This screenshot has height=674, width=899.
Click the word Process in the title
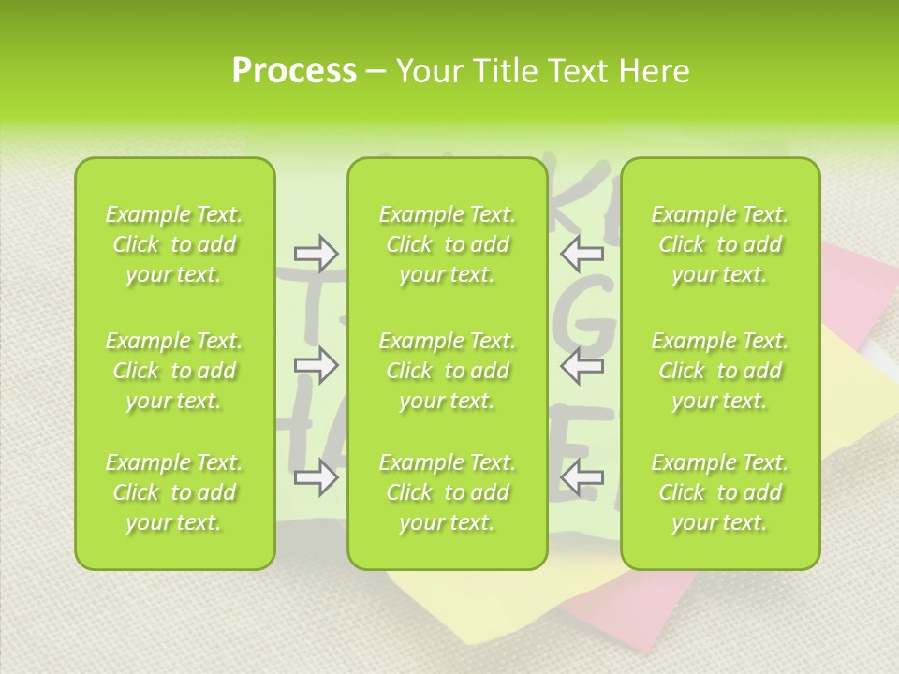tap(294, 71)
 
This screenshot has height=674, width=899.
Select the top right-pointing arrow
tap(316, 253)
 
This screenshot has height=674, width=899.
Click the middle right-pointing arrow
tap(316, 365)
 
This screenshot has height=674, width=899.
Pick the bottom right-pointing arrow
tap(316, 478)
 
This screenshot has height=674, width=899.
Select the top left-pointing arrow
tap(582, 253)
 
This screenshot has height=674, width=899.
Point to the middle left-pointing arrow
tap(582, 365)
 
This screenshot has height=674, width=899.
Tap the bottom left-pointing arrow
tap(582, 478)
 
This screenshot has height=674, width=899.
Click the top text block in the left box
tap(174, 245)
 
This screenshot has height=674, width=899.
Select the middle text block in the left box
tap(174, 371)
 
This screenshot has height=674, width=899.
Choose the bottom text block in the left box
tap(174, 492)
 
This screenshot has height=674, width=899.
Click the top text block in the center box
tap(447, 245)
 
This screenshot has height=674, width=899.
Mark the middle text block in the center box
tap(447, 371)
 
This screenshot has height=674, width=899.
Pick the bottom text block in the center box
tap(447, 492)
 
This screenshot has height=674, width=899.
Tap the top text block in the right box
tap(719, 245)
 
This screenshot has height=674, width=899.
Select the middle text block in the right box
tap(719, 371)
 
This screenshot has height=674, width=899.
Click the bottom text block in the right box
tap(719, 492)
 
